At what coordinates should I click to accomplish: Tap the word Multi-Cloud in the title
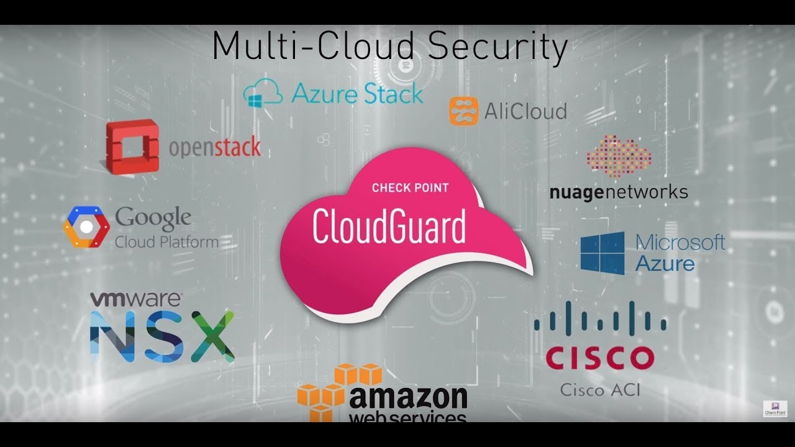pos(313,45)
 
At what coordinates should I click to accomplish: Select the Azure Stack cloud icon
pos(263,93)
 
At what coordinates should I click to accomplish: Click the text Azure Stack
pos(357,93)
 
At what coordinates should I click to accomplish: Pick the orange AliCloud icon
pos(463,111)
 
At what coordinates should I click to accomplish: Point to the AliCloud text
pos(525,111)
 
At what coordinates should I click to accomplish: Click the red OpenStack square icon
pos(132,147)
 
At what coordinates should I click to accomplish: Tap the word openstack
pos(215,147)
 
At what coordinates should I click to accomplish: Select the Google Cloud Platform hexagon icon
pos(86,227)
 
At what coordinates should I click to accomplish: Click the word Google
pos(153,218)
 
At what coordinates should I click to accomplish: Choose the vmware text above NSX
pos(136,299)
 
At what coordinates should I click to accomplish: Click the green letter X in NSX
pos(212,336)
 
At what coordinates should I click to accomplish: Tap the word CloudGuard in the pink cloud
pos(389,227)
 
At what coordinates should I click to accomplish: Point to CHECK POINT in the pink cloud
pos(411,187)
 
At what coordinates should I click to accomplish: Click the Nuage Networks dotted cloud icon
pos(619,155)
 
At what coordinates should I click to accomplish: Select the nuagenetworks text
pos(619,193)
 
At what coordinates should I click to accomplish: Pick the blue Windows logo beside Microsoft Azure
pos(602,253)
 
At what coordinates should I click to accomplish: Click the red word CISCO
pos(600,358)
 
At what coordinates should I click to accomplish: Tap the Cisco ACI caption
pos(601,391)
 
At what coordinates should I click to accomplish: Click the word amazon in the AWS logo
pos(408,398)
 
